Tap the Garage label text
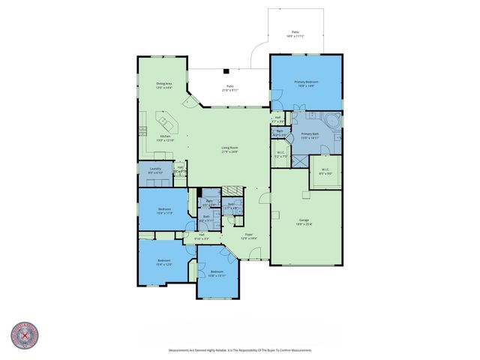pyautogui.click(x=304, y=221)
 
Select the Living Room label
pyautogui.click(x=229, y=149)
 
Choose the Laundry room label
pyautogui.click(x=155, y=171)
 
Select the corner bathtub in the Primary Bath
pyautogui.click(x=331, y=120)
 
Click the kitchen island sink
pyautogui.click(x=160, y=118)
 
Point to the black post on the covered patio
pyautogui.click(x=225, y=72)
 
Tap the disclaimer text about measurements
pyautogui.click(x=239, y=350)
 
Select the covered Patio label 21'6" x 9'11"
pyautogui.click(x=229, y=88)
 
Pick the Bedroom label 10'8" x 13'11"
pyautogui.click(x=217, y=272)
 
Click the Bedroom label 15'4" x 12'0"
pyautogui.click(x=163, y=262)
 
